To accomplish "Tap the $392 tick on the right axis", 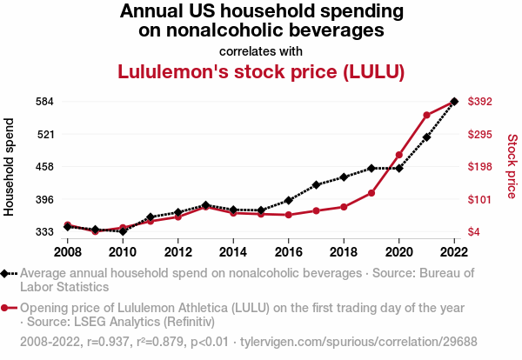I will click(x=480, y=102).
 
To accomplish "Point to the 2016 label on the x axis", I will click(x=289, y=252).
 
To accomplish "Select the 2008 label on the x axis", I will click(x=68, y=252).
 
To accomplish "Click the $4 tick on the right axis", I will click(x=474, y=232).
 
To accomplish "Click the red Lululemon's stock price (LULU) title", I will click(x=261, y=71).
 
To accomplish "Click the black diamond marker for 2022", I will click(x=454, y=102).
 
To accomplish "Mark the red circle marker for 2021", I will click(x=427, y=115).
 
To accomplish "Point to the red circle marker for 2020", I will click(x=399, y=155).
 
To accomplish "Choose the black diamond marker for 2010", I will click(x=123, y=231).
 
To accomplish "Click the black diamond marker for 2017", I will click(x=317, y=184).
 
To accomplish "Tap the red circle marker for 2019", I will click(x=371, y=192).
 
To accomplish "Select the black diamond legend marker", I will click(x=7, y=273).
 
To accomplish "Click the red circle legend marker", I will click(x=7, y=308).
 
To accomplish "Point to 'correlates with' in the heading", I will click(x=261, y=50).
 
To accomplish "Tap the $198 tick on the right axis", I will click(x=480, y=167).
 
